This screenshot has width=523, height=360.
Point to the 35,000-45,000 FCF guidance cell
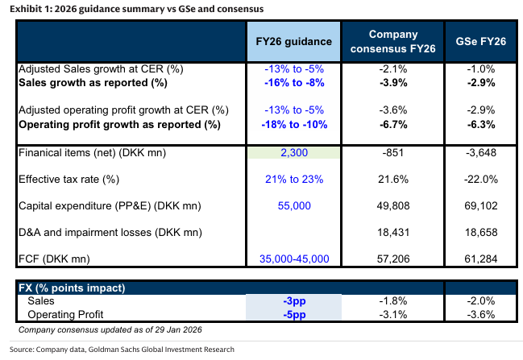click(x=295, y=259)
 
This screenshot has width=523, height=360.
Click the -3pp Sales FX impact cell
click(x=293, y=300)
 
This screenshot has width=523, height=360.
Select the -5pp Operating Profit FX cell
click(x=293, y=313)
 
